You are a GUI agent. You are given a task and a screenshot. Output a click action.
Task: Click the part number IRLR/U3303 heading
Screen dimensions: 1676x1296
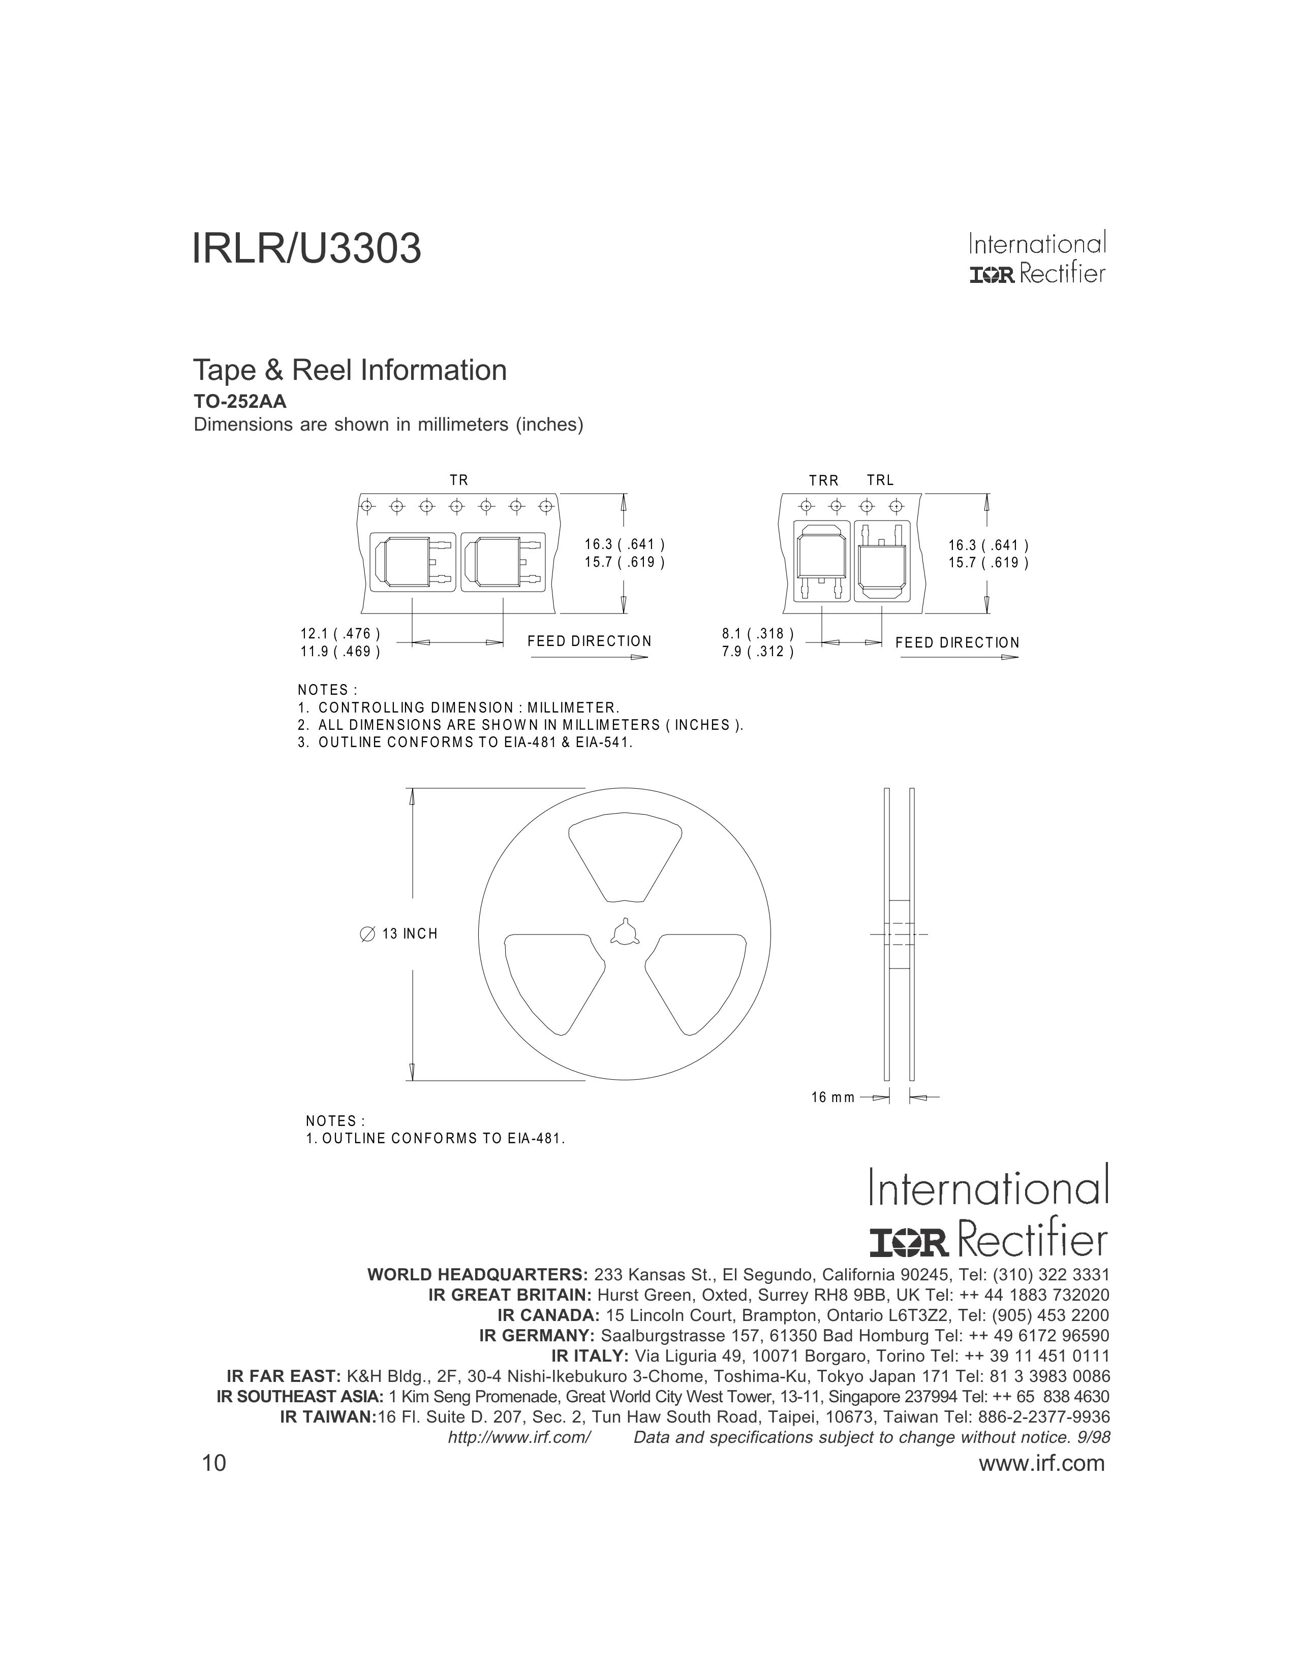pyautogui.click(x=306, y=249)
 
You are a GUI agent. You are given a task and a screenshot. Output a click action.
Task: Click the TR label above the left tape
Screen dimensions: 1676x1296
pyautogui.click(x=458, y=480)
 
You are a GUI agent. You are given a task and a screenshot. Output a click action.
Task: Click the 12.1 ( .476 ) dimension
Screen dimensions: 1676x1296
pyautogui.click(x=340, y=634)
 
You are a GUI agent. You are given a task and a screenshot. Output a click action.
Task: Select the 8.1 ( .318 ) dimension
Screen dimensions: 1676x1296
pyautogui.click(x=757, y=634)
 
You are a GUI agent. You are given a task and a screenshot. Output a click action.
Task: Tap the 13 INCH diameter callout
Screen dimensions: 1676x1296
pyautogui.click(x=399, y=934)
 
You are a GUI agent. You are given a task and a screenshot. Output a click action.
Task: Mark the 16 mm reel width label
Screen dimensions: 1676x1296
pyautogui.click(x=832, y=1098)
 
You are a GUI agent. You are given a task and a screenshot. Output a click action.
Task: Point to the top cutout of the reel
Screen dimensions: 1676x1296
pyautogui.click(x=624, y=858)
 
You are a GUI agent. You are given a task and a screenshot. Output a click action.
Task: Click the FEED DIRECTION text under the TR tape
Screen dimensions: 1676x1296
pyautogui.click(x=589, y=641)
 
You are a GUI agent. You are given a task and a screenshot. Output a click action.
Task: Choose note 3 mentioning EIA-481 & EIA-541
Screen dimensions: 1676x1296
pyautogui.click(x=465, y=743)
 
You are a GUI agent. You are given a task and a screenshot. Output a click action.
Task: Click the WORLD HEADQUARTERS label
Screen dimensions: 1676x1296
pyautogui.click(x=477, y=1275)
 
